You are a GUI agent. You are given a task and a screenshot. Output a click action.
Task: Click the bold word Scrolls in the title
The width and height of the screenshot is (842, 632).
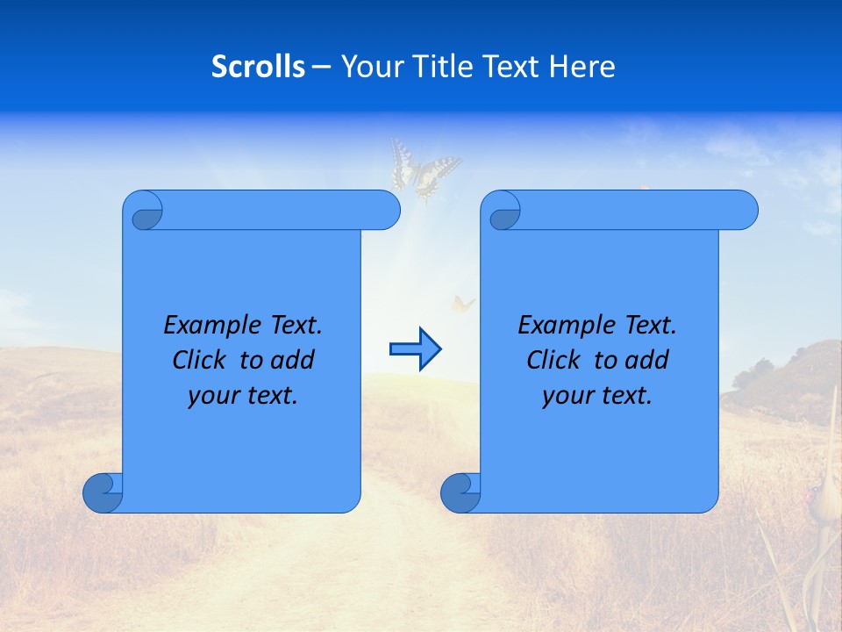click(x=258, y=67)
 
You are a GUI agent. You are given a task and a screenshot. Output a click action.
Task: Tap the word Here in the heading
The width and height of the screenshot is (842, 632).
click(x=582, y=67)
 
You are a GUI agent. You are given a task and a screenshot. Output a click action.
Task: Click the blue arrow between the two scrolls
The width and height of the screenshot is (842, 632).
click(x=416, y=349)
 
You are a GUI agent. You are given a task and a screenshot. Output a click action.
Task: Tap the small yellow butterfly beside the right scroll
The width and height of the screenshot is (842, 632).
click(x=462, y=304)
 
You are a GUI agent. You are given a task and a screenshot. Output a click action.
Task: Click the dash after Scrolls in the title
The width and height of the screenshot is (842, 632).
click(x=321, y=68)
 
